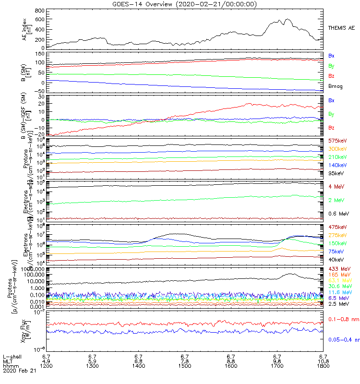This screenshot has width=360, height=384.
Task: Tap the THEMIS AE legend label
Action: pyautogui.click(x=341, y=29)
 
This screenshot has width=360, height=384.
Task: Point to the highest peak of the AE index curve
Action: pyautogui.click(x=288, y=19)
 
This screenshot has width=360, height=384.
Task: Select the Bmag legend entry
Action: pyautogui.click(x=335, y=86)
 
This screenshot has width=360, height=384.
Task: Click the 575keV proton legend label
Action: pyautogui.click(x=337, y=141)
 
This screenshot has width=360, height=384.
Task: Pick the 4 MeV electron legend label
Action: pyautogui.click(x=336, y=186)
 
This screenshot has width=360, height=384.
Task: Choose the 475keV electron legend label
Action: pyautogui.click(x=337, y=227)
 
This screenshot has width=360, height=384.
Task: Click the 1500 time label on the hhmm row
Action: pyautogui.click(x=185, y=365)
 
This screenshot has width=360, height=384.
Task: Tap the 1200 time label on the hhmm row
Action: pyautogui.click(x=47, y=365)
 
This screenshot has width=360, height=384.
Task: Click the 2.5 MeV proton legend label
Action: pyautogui.click(x=337, y=304)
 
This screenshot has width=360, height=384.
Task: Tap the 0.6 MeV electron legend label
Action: pyautogui.click(x=338, y=213)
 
